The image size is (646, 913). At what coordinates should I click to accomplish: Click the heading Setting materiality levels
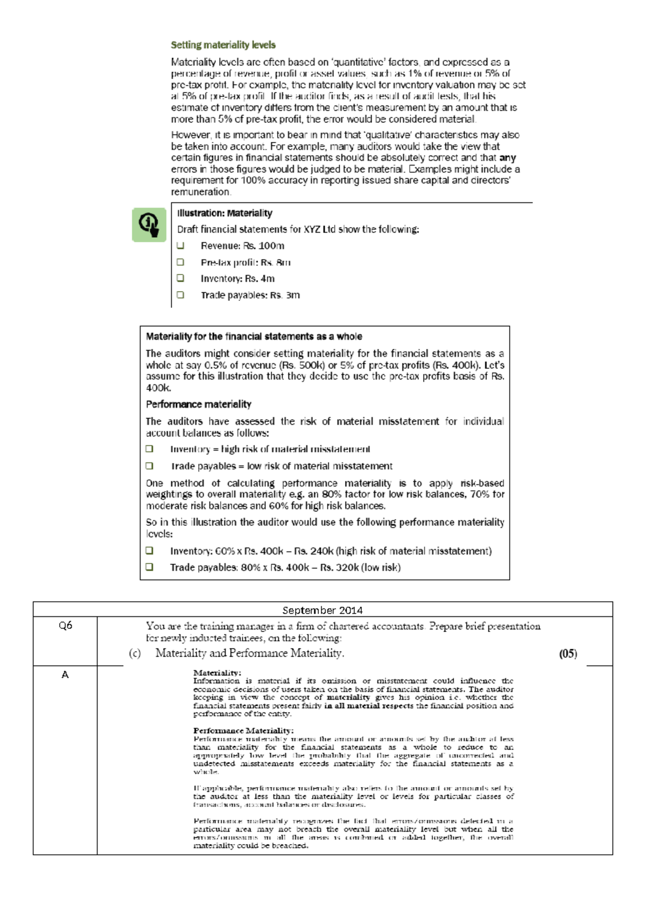click(x=223, y=45)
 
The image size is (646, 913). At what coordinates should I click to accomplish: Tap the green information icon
click(x=149, y=224)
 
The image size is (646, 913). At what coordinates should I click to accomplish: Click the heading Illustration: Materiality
click(x=224, y=213)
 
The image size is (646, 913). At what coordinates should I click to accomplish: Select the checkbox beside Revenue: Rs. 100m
click(x=180, y=245)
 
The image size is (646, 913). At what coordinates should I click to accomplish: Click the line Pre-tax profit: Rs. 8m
click(x=245, y=262)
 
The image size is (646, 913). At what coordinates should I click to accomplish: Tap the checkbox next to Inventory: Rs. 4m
click(x=180, y=278)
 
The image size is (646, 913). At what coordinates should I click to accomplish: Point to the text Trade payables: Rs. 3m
click(x=250, y=295)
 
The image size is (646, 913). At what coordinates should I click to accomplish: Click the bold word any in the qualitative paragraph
click(x=508, y=158)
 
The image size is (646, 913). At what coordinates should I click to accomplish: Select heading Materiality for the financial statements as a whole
click(x=254, y=336)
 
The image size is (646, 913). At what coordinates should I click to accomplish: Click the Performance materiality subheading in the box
click(x=198, y=404)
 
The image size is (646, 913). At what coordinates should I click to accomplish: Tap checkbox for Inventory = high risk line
click(x=150, y=449)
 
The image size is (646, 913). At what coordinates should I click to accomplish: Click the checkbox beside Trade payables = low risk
click(x=150, y=466)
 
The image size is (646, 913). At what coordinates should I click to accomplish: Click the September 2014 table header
click(x=322, y=610)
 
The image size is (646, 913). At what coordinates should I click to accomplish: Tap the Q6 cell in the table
click(x=65, y=626)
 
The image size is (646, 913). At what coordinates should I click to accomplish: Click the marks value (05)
click(x=568, y=654)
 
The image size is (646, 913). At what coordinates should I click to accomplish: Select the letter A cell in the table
click(x=65, y=675)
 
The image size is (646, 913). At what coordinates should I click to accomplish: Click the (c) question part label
click(x=135, y=654)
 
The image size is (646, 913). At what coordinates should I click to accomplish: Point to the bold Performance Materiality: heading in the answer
click(x=243, y=731)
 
